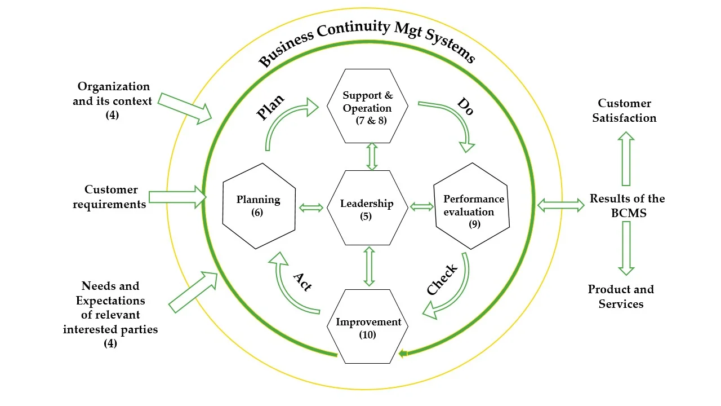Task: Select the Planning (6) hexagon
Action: [259, 206]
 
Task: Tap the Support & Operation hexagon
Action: [367, 107]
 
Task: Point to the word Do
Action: [465, 106]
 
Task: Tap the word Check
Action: [442, 280]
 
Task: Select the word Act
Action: [302, 281]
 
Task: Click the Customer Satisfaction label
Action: [624, 111]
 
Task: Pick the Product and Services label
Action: [621, 297]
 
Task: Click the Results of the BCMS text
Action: [627, 206]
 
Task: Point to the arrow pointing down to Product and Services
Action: [626, 248]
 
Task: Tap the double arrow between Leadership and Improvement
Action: [370, 266]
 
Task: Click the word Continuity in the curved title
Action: [353, 31]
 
